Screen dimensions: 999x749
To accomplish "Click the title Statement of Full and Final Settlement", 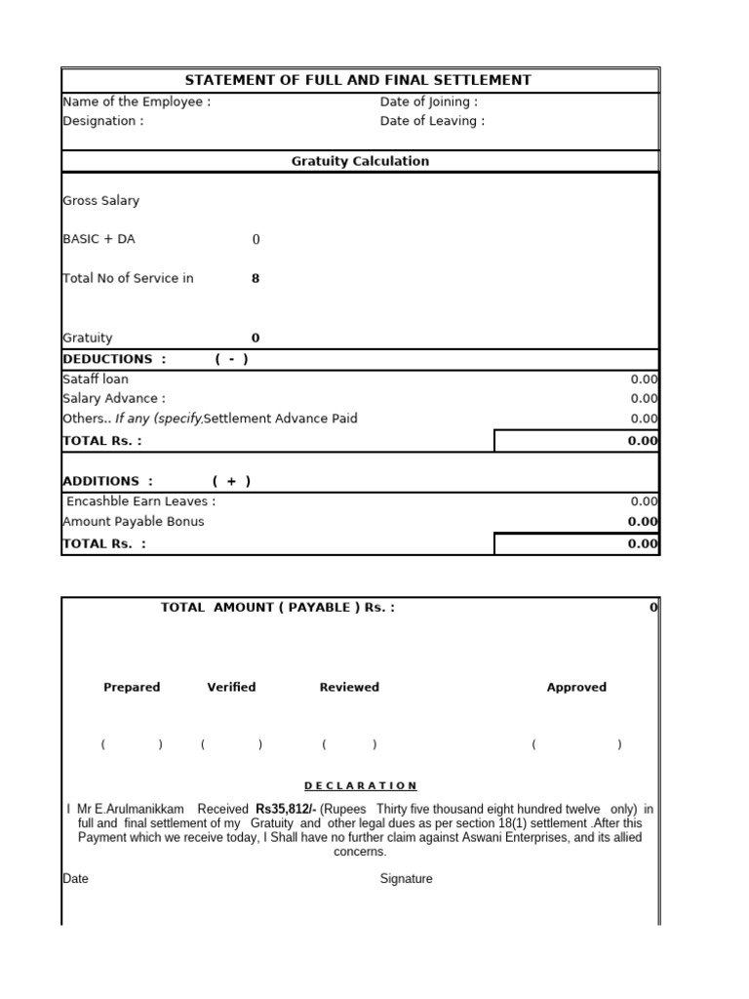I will point(358,80).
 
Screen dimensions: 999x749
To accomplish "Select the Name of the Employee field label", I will point(136,101).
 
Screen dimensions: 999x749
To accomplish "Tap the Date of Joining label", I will point(428,101).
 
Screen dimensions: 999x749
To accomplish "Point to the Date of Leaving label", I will point(431,121).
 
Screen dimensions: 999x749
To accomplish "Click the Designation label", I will point(102,121).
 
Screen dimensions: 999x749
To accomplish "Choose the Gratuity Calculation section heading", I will point(360,161).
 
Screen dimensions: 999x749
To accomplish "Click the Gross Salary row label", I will point(100,200).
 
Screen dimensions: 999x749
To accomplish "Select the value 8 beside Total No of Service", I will point(256,278).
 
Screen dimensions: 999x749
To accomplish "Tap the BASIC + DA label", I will point(99,239).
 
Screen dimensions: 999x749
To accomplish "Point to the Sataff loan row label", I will point(95,379).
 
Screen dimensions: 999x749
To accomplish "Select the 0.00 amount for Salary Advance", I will point(644,398).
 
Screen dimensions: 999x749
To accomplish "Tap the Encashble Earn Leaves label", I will point(140,501).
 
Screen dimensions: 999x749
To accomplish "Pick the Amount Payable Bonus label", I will point(133,521).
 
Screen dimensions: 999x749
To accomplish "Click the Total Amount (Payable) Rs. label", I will point(278,607).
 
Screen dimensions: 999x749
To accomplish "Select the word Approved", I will point(576,687).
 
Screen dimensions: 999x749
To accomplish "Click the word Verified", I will point(231,687).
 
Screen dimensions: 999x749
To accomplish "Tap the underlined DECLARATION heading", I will point(360,785).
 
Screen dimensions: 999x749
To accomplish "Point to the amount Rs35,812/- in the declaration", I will point(286,809).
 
